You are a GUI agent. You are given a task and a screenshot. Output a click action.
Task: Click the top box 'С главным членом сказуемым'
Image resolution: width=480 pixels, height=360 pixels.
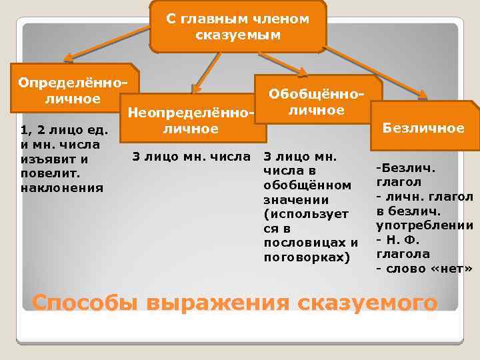click(238, 27)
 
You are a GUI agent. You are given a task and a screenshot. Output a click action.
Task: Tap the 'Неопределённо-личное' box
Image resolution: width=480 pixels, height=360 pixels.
click(191, 120)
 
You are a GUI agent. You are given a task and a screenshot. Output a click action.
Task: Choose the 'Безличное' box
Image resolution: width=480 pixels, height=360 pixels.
click(424, 127)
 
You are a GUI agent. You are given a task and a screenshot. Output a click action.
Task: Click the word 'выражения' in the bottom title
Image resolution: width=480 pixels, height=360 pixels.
click(217, 303)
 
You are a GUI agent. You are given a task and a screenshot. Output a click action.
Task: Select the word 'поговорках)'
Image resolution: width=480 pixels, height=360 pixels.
click(307, 256)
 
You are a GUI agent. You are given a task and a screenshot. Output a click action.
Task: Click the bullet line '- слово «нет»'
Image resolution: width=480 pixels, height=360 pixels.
click(423, 269)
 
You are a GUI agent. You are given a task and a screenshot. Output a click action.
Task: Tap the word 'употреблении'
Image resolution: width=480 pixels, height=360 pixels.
click(425, 225)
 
